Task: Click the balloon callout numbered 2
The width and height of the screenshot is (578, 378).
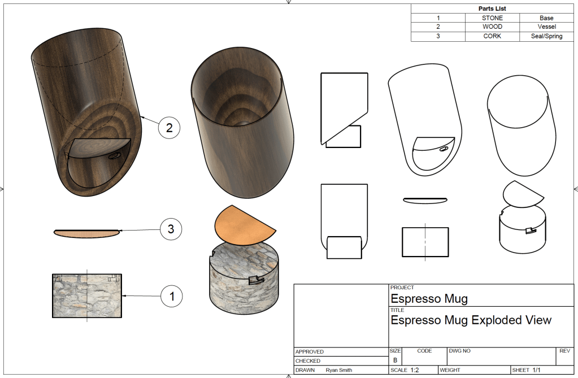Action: pyautogui.click(x=169, y=128)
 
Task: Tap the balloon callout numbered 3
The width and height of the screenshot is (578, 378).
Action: pyautogui.click(x=171, y=229)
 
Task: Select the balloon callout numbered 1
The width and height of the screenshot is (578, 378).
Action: pyautogui.click(x=172, y=296)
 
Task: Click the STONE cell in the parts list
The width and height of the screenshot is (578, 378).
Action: pyautogui.click(x=492, y=18)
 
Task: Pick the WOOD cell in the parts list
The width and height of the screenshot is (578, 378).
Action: pyautogui.click(x=492, y=27)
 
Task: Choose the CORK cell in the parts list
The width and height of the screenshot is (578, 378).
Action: pyautogui.click(x=492, y=36)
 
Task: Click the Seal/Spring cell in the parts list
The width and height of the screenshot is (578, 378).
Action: pyautogui.click(x=547, y=36)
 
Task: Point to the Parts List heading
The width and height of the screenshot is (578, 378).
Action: pyautogui.click(x=492, y=8)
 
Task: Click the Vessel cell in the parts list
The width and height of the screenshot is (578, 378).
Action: pyautogui.click(x=547, y=27)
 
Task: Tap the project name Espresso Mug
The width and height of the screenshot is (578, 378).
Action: pyautogui.click(x=429, y=298)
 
